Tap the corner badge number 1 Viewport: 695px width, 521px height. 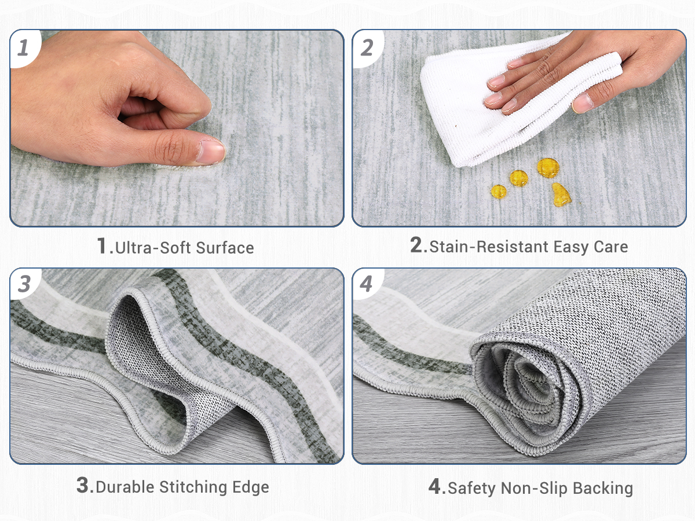23,48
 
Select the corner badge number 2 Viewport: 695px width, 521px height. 367,48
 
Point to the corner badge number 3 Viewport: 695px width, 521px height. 24,284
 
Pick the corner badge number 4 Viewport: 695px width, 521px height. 366,284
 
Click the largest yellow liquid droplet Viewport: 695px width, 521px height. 548,168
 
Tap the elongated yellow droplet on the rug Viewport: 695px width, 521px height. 561,195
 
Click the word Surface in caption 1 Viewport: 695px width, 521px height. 225,248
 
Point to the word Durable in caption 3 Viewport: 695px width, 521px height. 125,487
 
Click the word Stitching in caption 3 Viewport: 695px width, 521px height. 193,487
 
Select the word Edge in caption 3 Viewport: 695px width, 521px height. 251,487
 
